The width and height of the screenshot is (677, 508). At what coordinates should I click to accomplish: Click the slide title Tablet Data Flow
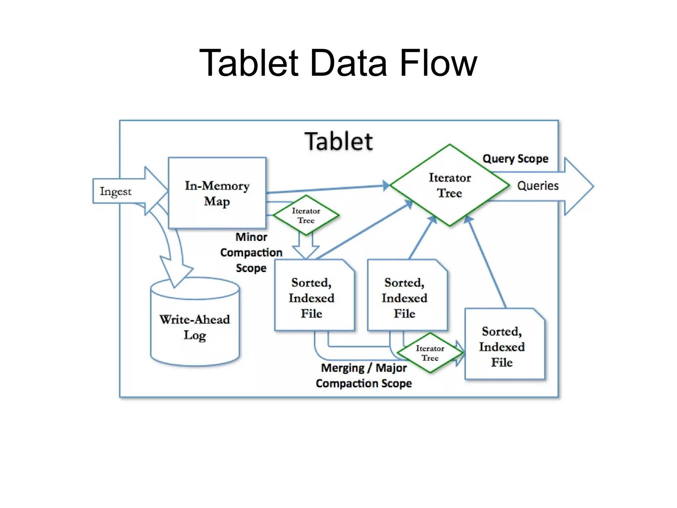pos(338,63)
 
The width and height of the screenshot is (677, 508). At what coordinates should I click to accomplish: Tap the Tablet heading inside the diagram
pos(338,142)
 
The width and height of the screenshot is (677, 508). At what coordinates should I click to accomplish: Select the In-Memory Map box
pos(217,193)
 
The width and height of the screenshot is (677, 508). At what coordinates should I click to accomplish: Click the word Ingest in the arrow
pos(116,191)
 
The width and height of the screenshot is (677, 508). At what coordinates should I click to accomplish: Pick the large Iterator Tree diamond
pos(450,185)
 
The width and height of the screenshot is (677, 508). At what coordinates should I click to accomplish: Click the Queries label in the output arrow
pos(538,186)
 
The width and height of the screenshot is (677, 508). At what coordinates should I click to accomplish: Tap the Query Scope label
pos(515,159)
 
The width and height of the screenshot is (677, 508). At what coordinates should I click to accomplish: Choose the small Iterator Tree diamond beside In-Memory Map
pos(306,215)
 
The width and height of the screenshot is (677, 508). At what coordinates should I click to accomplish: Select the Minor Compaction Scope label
pos(251,252)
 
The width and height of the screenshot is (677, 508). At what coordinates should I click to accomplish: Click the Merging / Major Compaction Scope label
pos(364,375)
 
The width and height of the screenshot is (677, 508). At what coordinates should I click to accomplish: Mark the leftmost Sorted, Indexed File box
pos(311,298)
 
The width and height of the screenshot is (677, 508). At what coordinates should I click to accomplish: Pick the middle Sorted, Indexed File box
pos(404,298)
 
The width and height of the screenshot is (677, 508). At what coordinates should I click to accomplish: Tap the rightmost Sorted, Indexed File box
pos(502,346)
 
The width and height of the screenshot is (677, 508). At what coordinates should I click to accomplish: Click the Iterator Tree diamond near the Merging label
pos(430,353)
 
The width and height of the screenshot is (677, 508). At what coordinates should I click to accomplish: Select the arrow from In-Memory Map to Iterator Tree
pos(327,189)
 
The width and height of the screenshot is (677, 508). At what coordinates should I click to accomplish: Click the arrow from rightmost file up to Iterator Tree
pos(486,261)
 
